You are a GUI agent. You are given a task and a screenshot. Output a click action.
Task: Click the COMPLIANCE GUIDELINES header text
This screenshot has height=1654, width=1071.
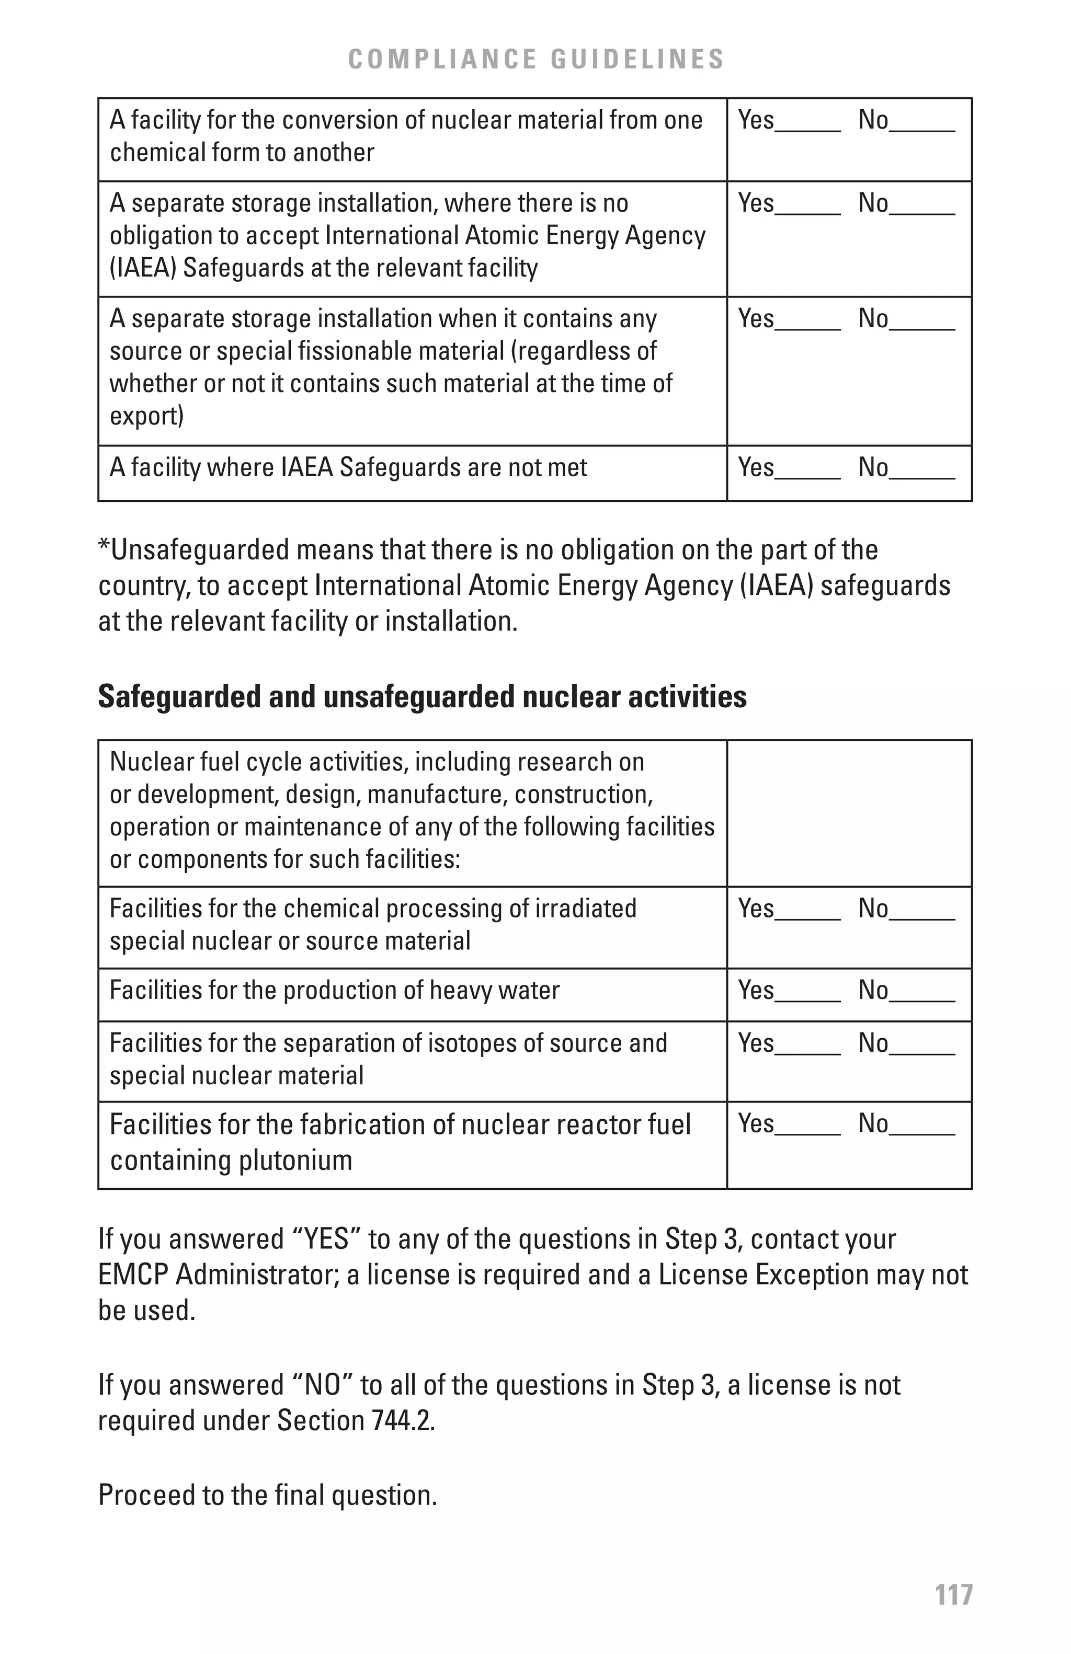tap(536, 59)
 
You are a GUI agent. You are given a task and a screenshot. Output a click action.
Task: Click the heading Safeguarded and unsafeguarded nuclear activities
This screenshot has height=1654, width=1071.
tap(422, 696)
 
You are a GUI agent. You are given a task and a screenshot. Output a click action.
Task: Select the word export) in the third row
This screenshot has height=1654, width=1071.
tap(146, 416)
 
